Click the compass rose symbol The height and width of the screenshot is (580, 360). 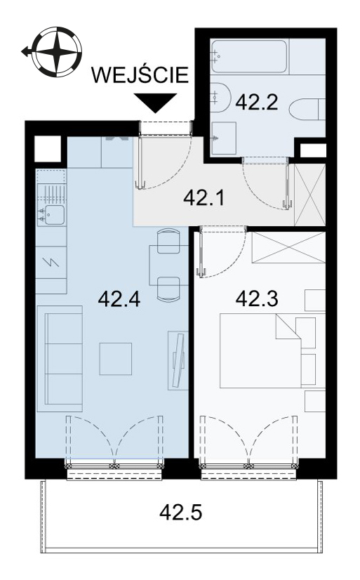(57, 51)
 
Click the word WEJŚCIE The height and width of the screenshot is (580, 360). (140, 74)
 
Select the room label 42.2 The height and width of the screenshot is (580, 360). (257, 102)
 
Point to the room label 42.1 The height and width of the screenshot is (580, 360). (204, 199)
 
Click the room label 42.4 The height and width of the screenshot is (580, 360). (119, 298)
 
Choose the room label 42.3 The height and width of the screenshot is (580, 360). (257, 298)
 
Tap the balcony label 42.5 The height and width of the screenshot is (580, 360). (181, 513)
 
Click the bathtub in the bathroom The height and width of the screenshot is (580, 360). (249, 56)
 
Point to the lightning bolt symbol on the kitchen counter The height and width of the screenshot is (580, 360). (51, 262)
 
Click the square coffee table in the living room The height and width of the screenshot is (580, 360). (116, 359)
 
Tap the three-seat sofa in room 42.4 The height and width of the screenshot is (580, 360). (60, 359)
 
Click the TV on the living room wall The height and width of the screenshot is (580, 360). (178, 360)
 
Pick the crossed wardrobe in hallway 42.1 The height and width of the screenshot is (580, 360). (309, 195)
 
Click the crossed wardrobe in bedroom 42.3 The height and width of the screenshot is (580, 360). (288, 247)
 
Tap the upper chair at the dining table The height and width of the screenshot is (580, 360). (168, 241)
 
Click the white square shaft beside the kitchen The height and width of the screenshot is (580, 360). (47, 149)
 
